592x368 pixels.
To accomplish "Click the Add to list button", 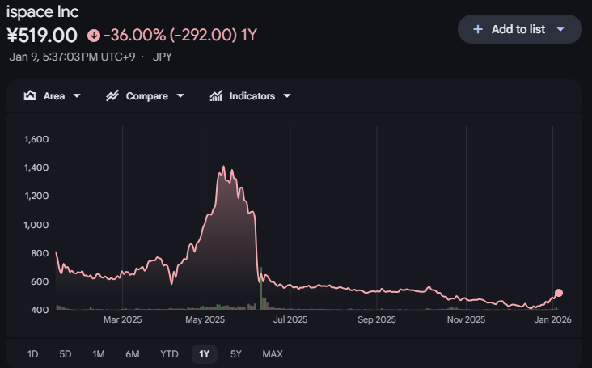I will point(519,29).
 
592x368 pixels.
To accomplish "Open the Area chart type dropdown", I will point(53,96).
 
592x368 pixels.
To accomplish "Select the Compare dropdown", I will point(145,96).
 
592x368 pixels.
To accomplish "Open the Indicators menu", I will point(250,96).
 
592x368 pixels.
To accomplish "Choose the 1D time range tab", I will point(33,353).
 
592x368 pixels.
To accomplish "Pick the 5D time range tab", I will point(66,353).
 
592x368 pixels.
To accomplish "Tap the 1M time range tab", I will point(99,353).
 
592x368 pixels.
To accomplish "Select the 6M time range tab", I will point(133,353).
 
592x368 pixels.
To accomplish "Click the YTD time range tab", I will point(169,353).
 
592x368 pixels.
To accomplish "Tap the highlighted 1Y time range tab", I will point(204,353).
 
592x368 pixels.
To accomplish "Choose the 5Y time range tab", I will point(236,353).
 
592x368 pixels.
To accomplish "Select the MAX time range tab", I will point(273,353).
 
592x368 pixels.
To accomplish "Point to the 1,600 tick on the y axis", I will point(37,139).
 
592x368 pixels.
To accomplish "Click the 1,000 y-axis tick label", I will point(37,225).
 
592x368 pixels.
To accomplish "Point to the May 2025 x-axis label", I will point(205,319).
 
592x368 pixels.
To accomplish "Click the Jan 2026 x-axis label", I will point(552,319).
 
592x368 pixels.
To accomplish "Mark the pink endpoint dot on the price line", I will point(558,294).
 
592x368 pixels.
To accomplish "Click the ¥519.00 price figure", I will point(42,36).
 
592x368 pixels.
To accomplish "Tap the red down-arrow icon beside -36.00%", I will point(94,36).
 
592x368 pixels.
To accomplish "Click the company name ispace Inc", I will point(43,12).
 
